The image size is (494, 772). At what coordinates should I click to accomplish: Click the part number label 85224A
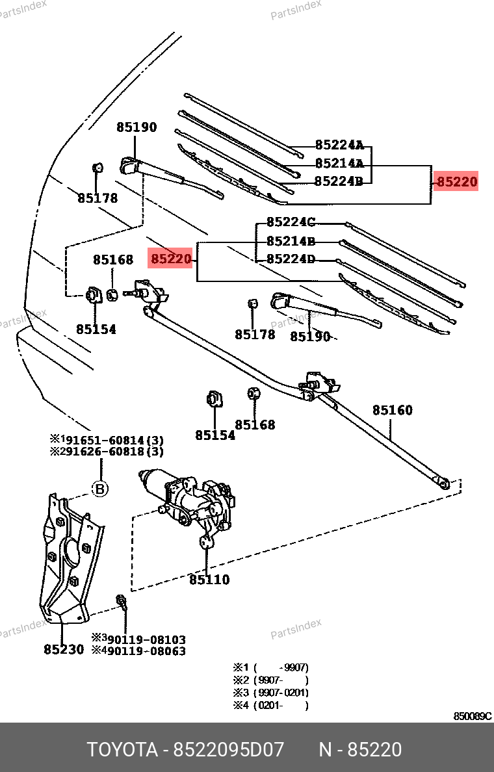[339, 145]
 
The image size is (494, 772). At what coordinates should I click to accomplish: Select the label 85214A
[339, 164]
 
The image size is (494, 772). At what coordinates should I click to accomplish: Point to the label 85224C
[291, 222]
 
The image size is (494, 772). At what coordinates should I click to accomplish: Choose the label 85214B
[291, 241]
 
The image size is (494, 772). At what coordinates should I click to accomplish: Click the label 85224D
[291, 259]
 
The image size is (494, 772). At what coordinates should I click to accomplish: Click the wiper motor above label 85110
[188, 500]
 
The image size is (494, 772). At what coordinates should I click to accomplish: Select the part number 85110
[209, 580]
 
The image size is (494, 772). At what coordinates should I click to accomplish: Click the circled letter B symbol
[100, 489]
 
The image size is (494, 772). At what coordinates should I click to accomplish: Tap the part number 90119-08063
[146, 650]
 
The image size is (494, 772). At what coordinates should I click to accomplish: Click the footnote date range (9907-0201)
[281, 692]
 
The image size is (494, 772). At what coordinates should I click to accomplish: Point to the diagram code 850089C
[472, 716]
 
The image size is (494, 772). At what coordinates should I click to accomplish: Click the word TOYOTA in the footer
[123, 750]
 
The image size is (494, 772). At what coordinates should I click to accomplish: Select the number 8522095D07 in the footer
[228, 750]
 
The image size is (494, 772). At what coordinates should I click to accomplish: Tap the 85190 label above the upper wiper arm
[136, 127]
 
